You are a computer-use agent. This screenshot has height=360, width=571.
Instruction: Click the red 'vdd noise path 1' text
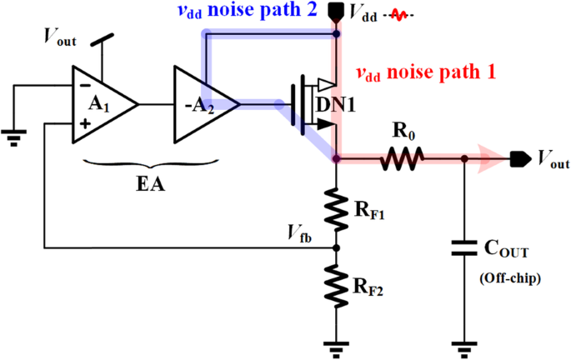pos(425,72)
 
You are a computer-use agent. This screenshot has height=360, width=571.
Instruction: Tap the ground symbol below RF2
pos(337,345)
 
